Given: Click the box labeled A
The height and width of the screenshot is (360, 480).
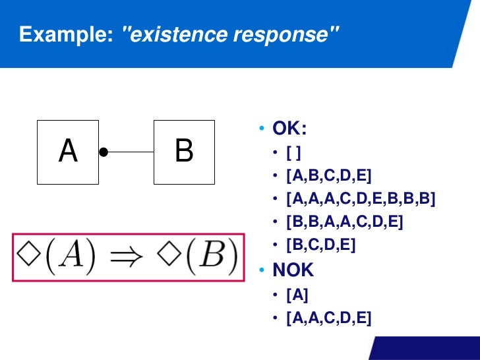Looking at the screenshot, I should (68, 152).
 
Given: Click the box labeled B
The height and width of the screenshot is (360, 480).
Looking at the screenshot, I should (184, 152).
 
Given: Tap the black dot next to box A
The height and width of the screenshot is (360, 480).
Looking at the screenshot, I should (104, 152).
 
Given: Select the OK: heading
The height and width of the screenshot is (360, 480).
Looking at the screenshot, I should (289, 128).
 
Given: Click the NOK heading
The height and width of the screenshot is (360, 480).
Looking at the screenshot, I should (293, 270).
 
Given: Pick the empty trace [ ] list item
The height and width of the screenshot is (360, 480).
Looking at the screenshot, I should (294, 153).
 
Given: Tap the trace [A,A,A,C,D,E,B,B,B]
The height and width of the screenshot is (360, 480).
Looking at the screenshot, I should (361, 198).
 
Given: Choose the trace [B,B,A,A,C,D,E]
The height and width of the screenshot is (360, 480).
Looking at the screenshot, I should (344, 222).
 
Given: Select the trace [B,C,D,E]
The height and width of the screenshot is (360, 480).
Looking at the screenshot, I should (320, 245).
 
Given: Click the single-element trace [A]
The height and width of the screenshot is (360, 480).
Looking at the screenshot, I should (297, 295).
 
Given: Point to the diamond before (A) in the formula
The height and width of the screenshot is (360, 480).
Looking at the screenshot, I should (27, 256).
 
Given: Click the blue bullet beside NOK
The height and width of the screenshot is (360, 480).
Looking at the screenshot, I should (262, 270).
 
